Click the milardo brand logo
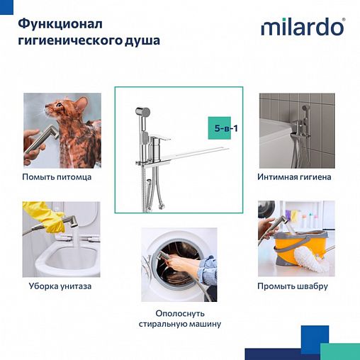click(303, 27)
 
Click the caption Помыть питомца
click(57, 176)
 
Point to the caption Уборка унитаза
click(60, 286)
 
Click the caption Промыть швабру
click(296, 286)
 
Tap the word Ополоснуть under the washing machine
click(180, 313)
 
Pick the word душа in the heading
click(140, 40)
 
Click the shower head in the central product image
click(142, 111)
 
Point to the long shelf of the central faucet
click(198, 151)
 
